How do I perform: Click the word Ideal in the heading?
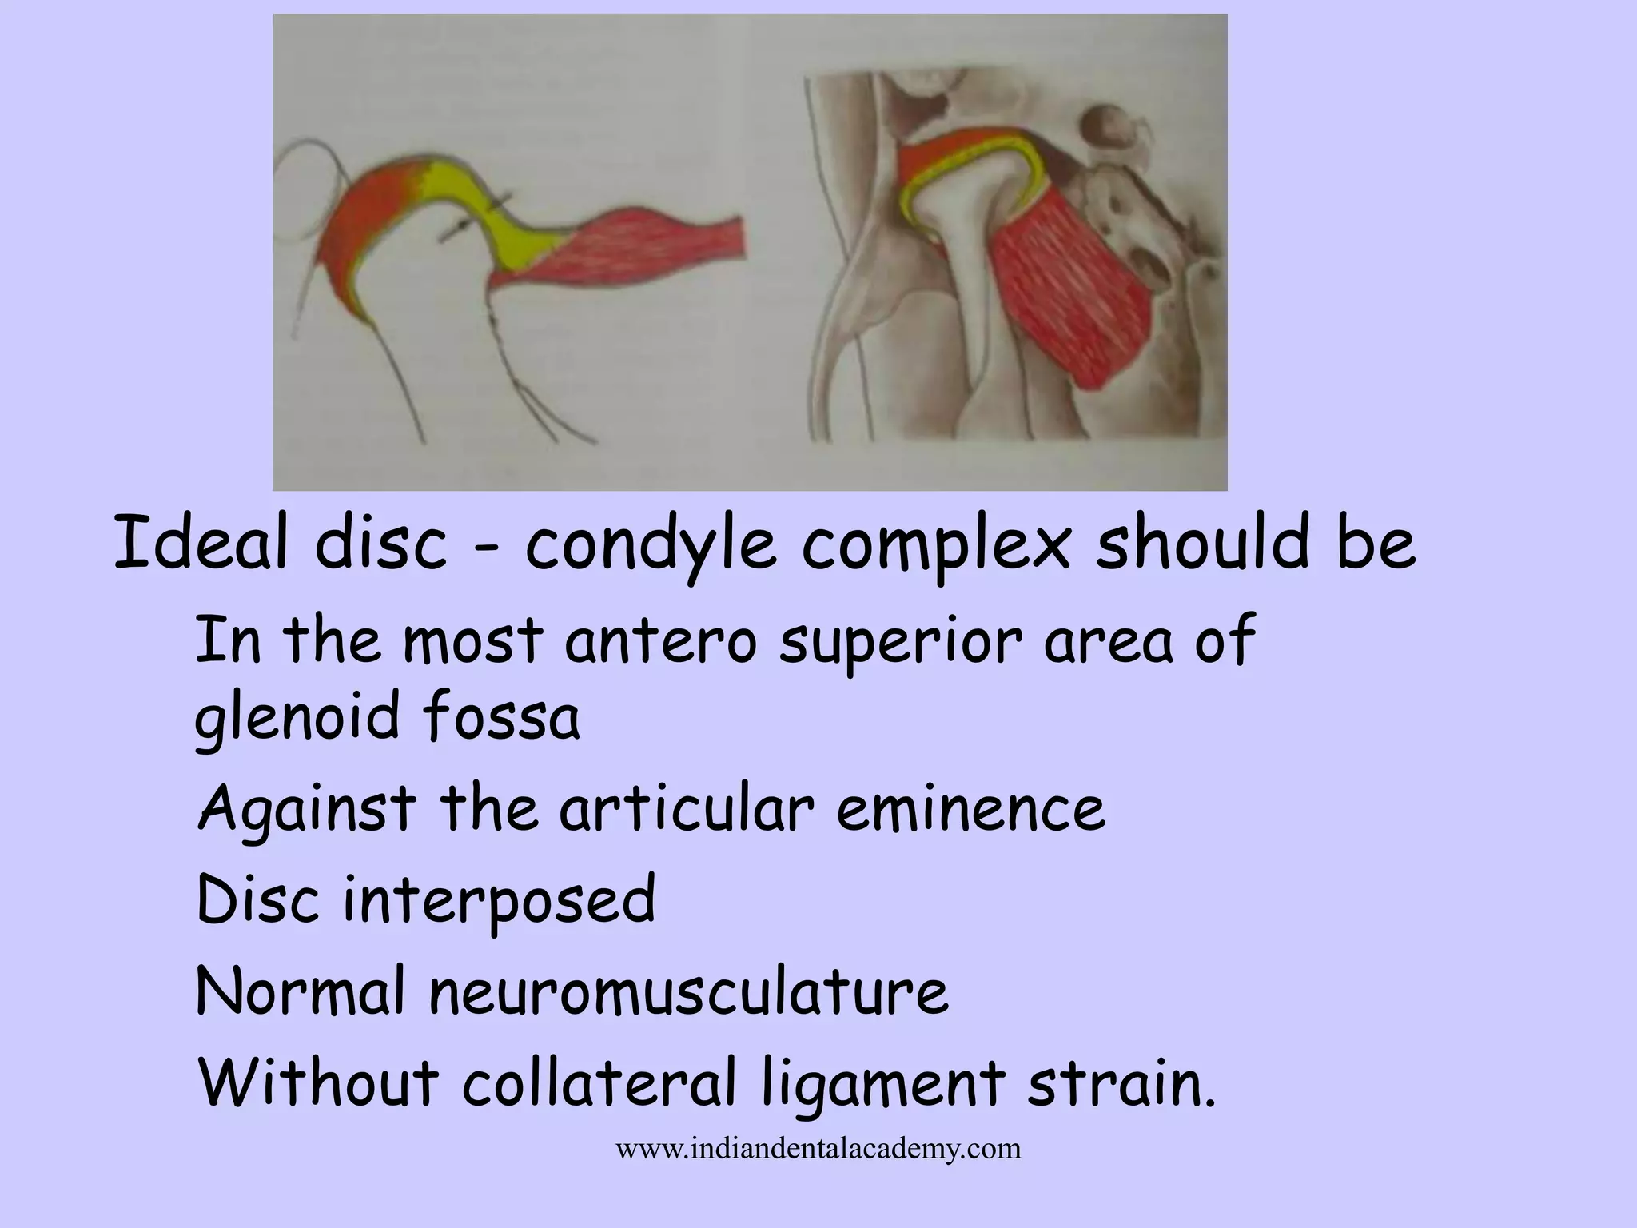pos(201,544)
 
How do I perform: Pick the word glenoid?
pos(297,717)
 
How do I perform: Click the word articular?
pos(686,808)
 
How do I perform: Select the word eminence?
pos(971,808)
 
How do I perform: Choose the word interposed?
pos(500,902)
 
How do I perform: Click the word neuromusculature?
pos(688,991)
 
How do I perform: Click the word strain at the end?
pos(1119,1082)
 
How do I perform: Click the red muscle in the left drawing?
pos(631,252)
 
